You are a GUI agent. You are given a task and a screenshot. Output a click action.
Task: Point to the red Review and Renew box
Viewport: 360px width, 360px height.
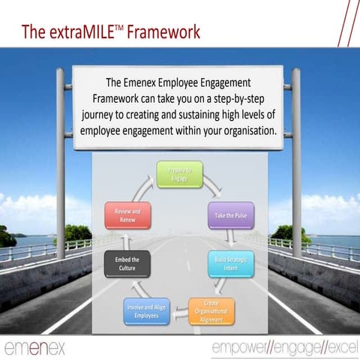tap(128, 215)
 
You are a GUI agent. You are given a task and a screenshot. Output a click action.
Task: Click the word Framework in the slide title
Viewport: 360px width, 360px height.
tap(164, 32)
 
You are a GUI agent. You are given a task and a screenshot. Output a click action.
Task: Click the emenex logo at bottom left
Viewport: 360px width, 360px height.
tap(34, 347)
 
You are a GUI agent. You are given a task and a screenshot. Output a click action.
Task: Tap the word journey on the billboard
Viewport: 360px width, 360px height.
tap(103, 115)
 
